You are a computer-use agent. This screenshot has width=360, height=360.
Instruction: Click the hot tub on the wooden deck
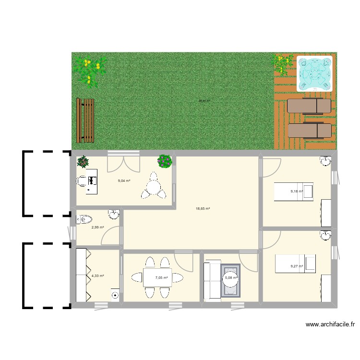[x=314, y=73]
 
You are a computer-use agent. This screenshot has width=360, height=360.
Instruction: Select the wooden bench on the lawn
[x=86, y=120]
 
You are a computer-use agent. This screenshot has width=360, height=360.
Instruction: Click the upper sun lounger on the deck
[x=309, y=106]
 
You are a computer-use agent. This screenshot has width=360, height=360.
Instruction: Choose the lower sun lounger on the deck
[x=309, y=130]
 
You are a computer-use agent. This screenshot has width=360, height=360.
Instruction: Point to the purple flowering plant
[x=165, y=161]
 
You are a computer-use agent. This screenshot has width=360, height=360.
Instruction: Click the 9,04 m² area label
[x=124, y=181]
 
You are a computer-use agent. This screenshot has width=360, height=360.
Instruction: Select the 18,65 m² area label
[x=203, y=209]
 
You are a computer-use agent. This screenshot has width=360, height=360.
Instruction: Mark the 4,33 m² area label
[x=97, y=276]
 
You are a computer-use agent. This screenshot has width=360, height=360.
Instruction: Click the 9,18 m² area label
[x=297, y=191]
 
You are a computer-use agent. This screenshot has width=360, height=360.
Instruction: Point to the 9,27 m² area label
[x=297, y=266]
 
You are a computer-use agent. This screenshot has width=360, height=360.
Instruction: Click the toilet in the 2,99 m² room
[x=83, y=219]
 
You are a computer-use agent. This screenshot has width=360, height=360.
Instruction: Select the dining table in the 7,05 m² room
[x=157, y=277]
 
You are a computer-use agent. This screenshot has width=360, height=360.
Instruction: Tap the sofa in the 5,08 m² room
[x=211, y=281]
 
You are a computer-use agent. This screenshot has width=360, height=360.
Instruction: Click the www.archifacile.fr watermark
[x=330, y=324]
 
